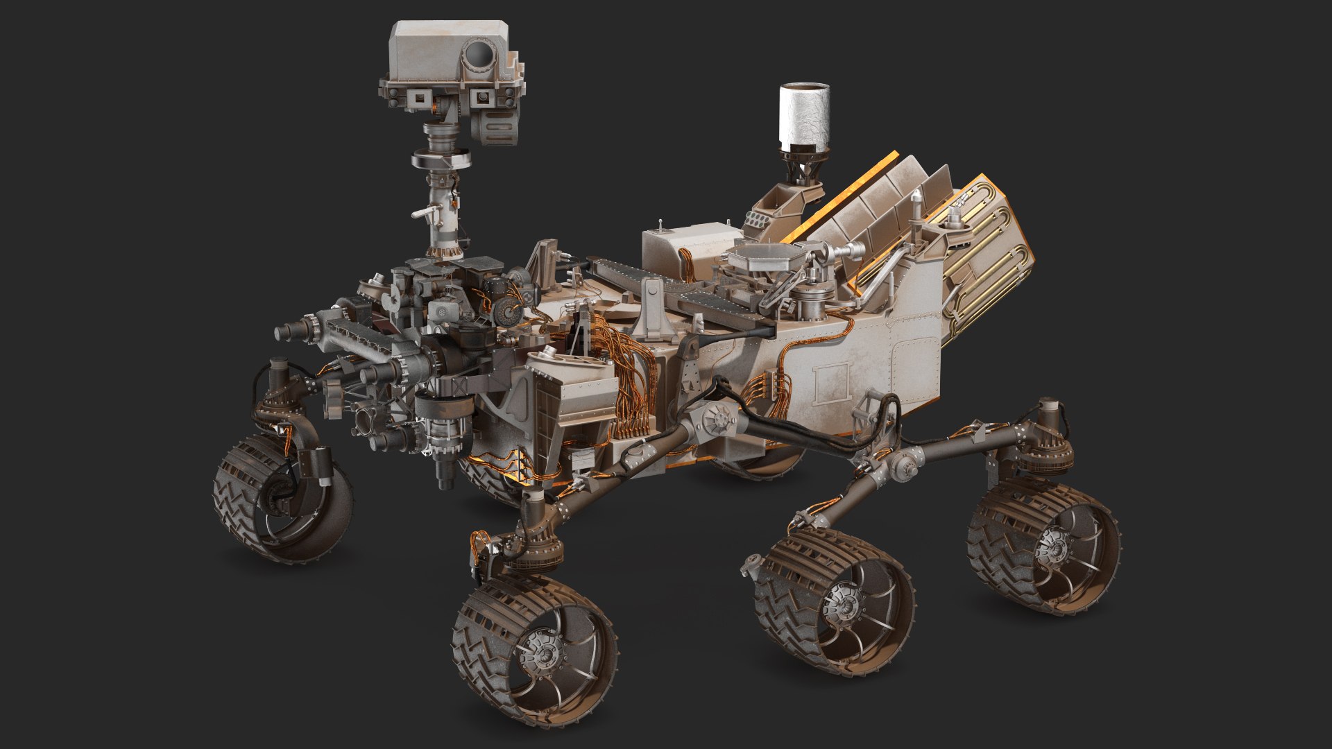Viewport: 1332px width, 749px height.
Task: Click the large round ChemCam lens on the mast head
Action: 478,55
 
